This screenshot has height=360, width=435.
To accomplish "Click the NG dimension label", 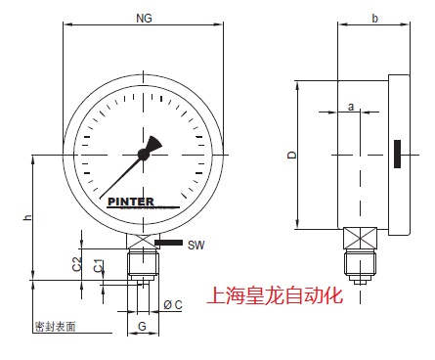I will click(144, 18).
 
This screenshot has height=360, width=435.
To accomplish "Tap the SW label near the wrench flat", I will click(196, 244).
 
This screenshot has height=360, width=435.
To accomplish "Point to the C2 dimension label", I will click(76, 264).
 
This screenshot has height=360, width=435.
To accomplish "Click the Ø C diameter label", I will click(173, 304).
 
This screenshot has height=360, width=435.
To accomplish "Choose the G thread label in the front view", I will click(143, 325).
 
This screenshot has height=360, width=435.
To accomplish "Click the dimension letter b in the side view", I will click(375, 18).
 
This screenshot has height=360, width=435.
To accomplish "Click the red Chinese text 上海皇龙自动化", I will click(276, 294).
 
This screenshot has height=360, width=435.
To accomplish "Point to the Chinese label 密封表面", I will click(55, 326).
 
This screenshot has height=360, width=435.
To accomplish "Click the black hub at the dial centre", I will click(144, 154).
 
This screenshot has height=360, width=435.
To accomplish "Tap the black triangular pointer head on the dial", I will click(156, 143).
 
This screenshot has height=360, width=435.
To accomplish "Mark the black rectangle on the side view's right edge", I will click(398, 155).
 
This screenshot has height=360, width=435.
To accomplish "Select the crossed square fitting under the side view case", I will click(358, 239).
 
